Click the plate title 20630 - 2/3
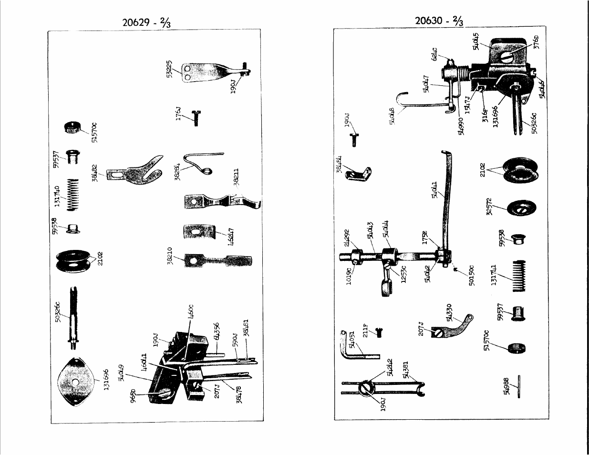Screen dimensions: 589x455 click(x=438, y=21)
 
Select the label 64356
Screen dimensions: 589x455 click(x=217, y=332)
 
